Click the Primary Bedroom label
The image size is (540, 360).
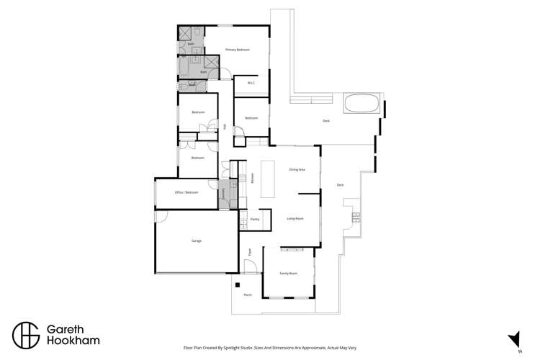pyautogui.click(x=237, y=50)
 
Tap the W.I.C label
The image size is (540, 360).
pyautogui.click(x=251, y=83)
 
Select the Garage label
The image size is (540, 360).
pyautogui.click(x=196, y=240)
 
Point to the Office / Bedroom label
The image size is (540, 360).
pyautogui.click(x=186, y=192)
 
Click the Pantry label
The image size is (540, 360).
pyautogui.click(x=255, y=219)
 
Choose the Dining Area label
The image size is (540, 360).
pyautogui.click(x=297, y=169)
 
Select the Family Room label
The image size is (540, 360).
pyautogui.click(x=288, y=274)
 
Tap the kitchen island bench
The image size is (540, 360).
pyautogui.click(x=268, y=179)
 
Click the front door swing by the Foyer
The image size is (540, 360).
pyautogui.click(x=251, y=268)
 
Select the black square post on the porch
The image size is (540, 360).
pyautogui.click(x=235, y=284)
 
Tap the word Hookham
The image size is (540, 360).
pyautogui.click(x=73, y=340)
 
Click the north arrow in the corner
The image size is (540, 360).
pyautogui.click(x=514, y=339)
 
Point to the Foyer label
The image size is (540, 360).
pyautogui.click(x=249, y=252)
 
